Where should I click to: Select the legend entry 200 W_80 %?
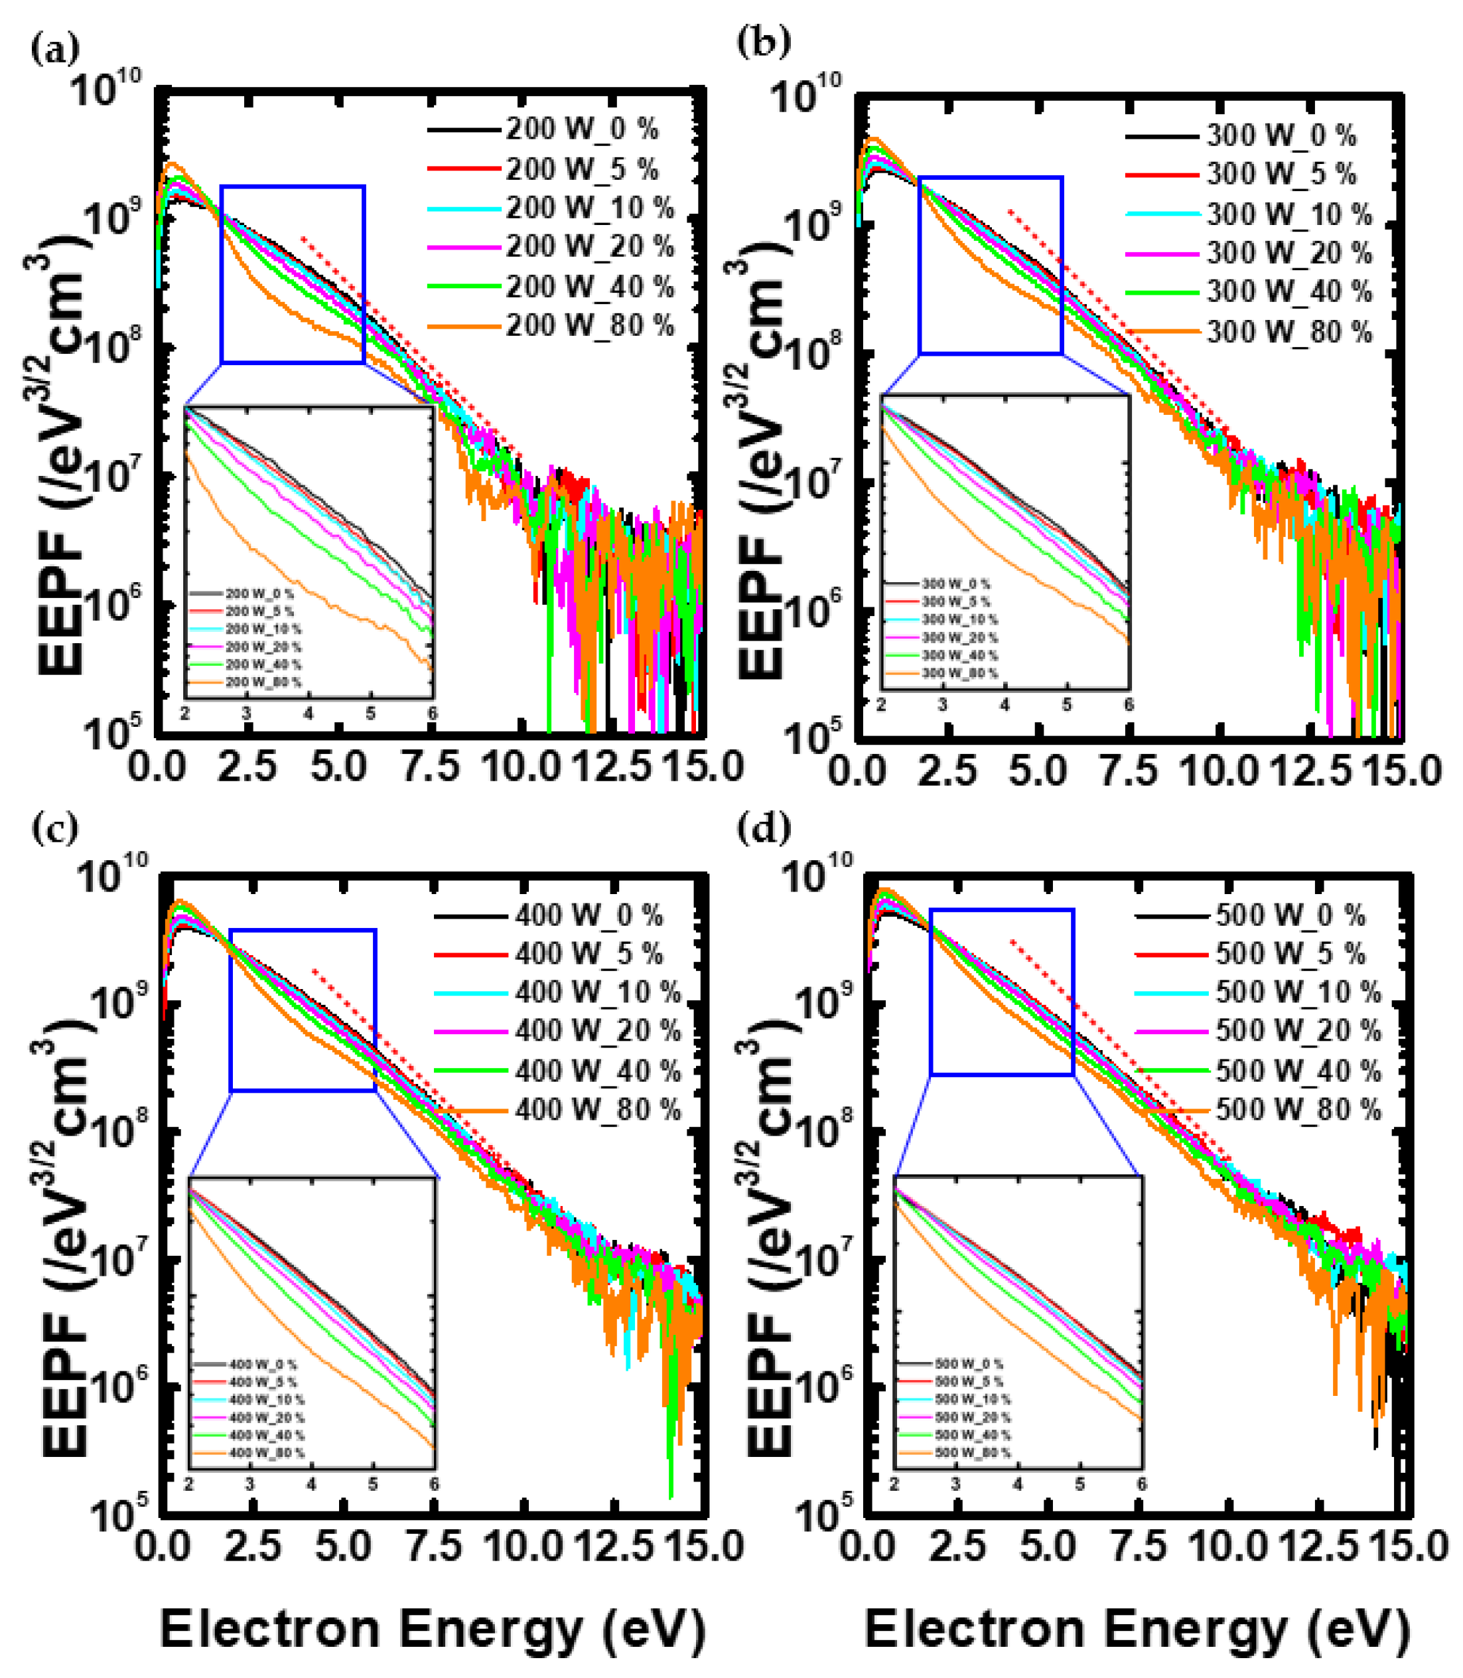[589, 325]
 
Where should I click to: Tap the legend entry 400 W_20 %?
[596, 1031]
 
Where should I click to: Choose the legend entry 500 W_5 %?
[1290, 953]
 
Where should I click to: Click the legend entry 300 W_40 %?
[1289, 291]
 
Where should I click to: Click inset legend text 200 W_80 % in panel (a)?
[263, 682]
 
